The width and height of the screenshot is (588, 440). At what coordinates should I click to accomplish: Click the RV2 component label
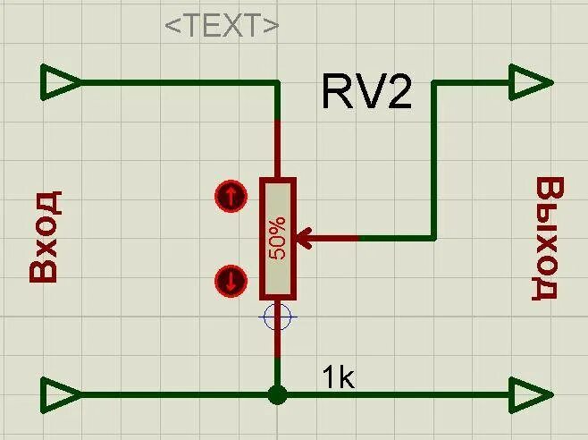[x=366, y=91]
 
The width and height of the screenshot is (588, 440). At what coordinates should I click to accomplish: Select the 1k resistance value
[x=339, y=378]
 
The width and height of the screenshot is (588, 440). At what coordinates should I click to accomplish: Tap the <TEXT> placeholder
[x=222, y=25]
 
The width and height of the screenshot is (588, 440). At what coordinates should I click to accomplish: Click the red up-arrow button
[x=231, y=196]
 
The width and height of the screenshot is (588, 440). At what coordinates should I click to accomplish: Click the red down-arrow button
[x=231, y=283]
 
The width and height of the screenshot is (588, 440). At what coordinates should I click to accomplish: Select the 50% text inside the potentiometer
[x=278, y=238]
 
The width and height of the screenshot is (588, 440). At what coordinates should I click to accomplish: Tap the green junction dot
[x=278, y=394]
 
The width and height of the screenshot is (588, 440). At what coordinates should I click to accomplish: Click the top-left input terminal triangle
[x=61, y=83]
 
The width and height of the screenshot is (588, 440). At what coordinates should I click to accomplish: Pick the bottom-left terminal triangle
[x=61, y=393]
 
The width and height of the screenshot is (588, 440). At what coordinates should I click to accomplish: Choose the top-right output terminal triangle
[x=529, y=83]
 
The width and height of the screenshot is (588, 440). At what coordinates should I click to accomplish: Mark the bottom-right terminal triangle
[x=529, y=393]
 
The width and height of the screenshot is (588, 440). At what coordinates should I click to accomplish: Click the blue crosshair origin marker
[x=278, y=317]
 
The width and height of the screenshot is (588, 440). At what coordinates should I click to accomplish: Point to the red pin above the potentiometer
[x=278, y=148]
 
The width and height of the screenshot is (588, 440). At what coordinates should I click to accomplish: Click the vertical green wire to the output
[x=434, y=161]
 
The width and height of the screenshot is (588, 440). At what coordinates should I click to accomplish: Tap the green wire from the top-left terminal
[x=179, y=83]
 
